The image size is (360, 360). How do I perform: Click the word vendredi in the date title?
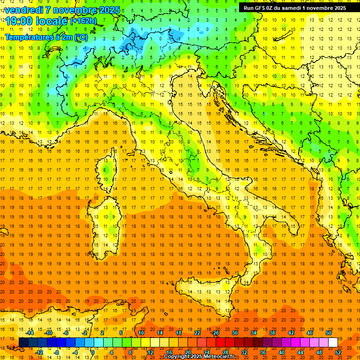[23, 10]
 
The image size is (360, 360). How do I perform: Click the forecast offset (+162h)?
[83, 21]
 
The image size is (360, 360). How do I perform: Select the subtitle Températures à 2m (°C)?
[46, 36]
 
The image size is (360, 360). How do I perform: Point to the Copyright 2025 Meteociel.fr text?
[199, 357]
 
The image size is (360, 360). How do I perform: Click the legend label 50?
[328, 333]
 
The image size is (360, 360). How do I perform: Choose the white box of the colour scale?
[333, 342]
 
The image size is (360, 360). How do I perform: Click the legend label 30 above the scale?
[234, 333]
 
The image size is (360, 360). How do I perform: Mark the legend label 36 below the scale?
[263, 352]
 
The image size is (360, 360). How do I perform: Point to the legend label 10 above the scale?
[141, 333]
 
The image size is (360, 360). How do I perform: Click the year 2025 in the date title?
[107, 10]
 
